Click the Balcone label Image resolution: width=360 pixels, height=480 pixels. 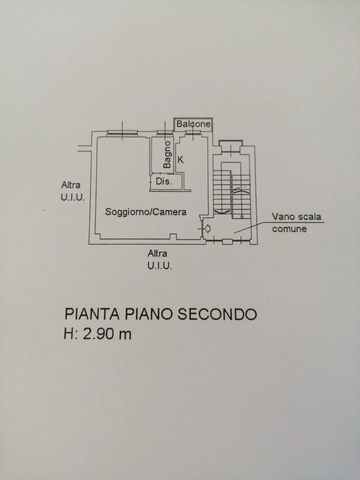(193, 124)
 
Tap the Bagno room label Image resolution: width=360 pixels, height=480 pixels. (167, 154)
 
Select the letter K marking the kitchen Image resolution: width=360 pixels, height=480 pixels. (181, 160)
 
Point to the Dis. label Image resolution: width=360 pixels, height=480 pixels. (164, 181)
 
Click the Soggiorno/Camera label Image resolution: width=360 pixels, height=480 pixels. (146, 212)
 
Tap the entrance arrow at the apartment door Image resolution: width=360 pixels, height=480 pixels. (207, 229)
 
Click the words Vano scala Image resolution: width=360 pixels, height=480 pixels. (296, 217)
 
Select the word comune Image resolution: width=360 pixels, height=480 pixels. (289, 229)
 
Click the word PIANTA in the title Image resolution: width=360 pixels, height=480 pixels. (92, 314)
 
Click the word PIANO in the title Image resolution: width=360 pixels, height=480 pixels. (148, 314)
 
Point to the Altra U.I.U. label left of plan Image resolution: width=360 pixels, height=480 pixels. (72, 191)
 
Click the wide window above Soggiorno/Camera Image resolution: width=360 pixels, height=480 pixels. (122, 133)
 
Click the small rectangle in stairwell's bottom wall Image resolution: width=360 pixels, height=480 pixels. (227, 241)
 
